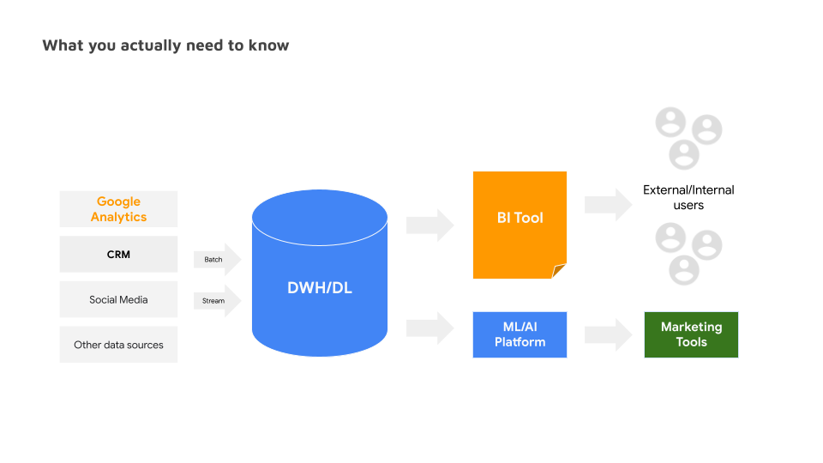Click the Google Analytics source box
118,209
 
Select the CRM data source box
118,255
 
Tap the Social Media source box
118,300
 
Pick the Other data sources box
118,345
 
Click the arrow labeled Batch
217,259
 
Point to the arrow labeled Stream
217,301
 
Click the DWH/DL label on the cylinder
319,288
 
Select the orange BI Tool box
520,219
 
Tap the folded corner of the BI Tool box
560,272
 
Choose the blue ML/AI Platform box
520,334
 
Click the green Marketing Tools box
691,334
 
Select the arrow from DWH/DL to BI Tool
430,225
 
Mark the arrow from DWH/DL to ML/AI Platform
430,327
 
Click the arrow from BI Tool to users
608,205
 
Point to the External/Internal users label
688,197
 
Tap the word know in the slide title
269,45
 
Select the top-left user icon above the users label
670,122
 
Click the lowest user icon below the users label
683,269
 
